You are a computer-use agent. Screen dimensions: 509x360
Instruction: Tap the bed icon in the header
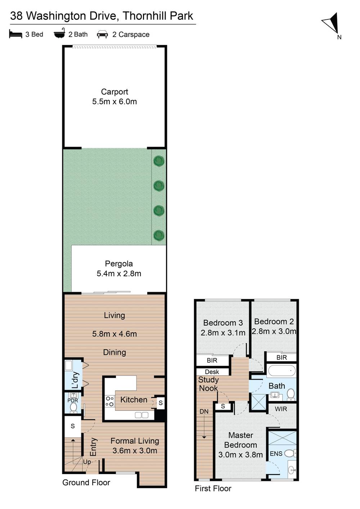[15, 34]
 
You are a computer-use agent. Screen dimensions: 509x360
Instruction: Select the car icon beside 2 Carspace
[103, 35]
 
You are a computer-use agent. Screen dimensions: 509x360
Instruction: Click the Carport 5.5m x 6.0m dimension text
[114, 102]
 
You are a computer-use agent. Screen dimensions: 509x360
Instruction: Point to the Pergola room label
[119, 264]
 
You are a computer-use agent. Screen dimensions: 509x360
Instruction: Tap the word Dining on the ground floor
[114, 353]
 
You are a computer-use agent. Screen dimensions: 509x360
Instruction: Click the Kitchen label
[134, 400]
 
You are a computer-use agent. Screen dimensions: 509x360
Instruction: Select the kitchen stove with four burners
[109, 401]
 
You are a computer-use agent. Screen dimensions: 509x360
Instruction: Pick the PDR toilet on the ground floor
[73, 407]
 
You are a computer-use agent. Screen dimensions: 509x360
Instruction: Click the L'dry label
[75, 380]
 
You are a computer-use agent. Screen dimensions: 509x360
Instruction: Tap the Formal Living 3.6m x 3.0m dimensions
[135, 451]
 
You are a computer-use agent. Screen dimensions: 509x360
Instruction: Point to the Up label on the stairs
[87, 462]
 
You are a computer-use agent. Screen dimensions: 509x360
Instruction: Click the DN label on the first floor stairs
[204, 412]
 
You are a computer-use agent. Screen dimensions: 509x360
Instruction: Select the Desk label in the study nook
[212, 372]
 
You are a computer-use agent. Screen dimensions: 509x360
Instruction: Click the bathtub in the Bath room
[281, 371]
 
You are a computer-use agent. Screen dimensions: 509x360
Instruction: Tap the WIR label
[281, 409]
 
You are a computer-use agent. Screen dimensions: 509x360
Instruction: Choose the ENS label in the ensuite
[276, 454]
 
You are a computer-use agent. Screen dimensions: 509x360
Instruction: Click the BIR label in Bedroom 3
[212, 360]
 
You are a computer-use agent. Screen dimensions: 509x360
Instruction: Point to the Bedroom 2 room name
[274, 322]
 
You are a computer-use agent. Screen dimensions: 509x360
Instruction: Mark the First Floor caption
[213, 488]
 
